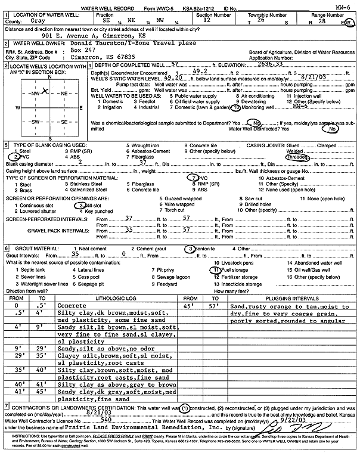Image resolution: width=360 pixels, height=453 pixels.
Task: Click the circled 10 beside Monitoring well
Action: pyautogui.click(x=236, y=109)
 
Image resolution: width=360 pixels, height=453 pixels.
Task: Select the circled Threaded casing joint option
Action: pyautogui.click(x=297, y=157)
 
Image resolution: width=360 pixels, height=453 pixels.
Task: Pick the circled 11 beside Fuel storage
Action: pyautogui.click(x=215, y=269)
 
